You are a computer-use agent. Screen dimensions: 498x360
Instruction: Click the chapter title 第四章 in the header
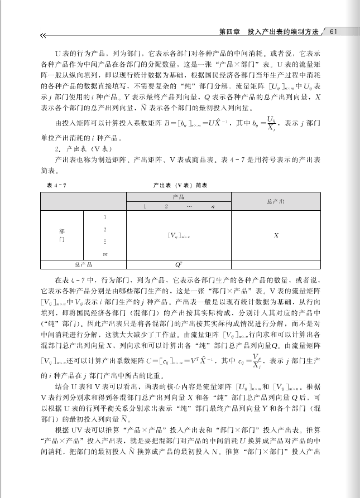(x=229, y=31)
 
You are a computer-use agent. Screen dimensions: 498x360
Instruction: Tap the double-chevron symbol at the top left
(x=44, y=36)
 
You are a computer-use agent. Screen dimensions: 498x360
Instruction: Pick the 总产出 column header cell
(x=276, y=201)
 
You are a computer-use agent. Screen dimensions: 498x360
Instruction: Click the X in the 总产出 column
(x=276, y=235)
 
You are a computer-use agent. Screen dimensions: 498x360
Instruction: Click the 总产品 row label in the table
(x=83, y=264)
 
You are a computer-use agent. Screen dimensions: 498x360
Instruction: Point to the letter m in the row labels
(x=105, y=254)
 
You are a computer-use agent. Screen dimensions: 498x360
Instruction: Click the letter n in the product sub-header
(x=213, y=206)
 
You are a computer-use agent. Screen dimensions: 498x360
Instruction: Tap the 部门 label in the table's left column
(x=61, y=234)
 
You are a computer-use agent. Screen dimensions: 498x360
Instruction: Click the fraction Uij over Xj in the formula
(x=271, y=122)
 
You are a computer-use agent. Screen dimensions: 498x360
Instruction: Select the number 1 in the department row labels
(x=105, y=217)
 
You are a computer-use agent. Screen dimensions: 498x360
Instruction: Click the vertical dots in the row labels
(x=105, y=241)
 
